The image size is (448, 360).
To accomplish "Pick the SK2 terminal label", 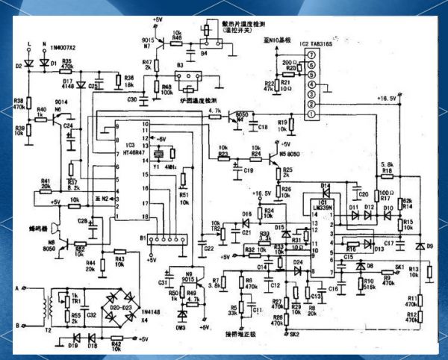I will click(294, 334).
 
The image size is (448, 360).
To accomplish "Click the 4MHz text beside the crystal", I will click(174, 166).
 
